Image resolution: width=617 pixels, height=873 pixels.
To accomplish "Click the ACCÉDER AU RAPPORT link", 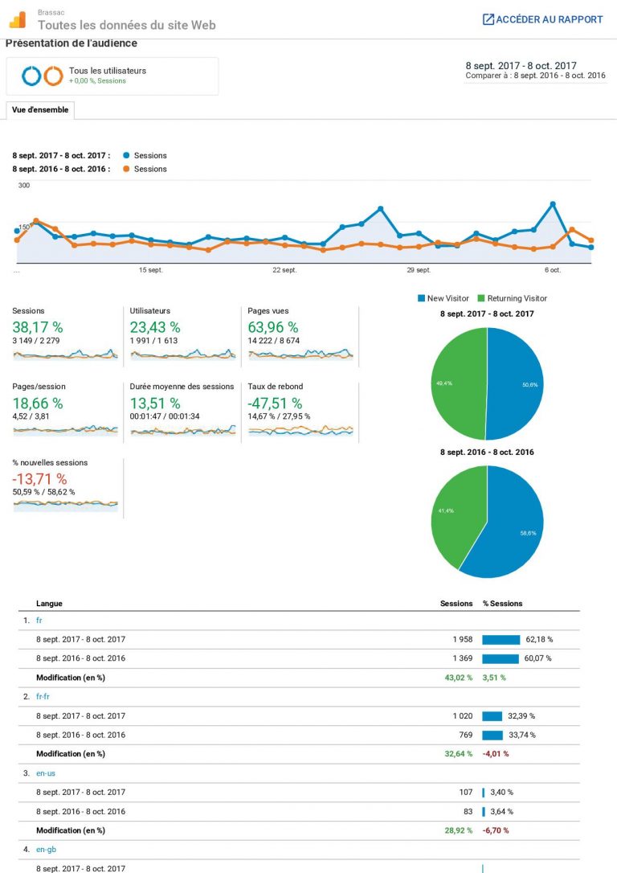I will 542,19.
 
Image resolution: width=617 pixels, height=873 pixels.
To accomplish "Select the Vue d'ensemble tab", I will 40,109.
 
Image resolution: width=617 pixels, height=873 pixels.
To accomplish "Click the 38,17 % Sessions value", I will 38,327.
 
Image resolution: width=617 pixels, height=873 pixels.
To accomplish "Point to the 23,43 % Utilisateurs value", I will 155,327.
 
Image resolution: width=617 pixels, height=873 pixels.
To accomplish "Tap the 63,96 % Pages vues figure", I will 273,327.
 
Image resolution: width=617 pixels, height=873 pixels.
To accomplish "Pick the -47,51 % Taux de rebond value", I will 276,404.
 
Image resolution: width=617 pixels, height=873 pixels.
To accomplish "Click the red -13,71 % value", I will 39,480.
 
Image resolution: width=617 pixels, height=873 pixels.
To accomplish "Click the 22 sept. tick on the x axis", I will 284,270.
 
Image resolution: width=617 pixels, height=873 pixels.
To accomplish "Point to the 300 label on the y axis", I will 24,186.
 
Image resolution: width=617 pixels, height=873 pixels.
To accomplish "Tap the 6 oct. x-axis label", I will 553,270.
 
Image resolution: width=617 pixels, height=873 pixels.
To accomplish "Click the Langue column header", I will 49,604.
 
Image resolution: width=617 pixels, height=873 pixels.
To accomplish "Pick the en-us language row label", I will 46,773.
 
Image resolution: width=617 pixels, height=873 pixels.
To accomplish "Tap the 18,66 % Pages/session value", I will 38,404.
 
